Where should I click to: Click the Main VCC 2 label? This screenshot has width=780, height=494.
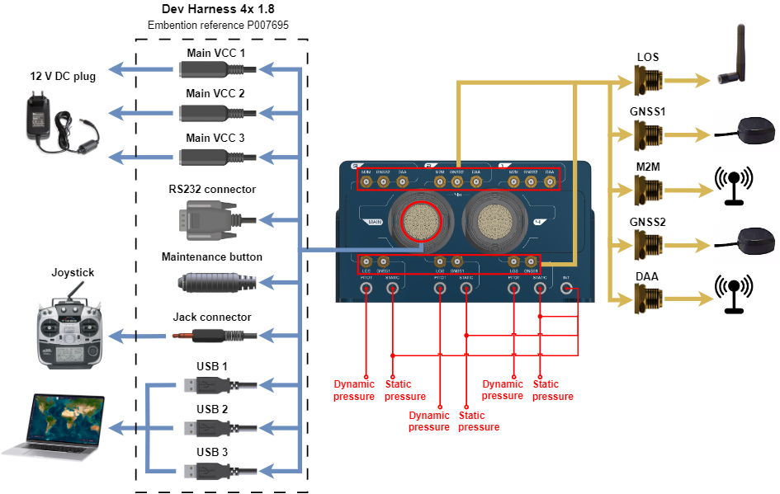[215, 94]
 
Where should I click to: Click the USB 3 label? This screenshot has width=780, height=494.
[213, 453]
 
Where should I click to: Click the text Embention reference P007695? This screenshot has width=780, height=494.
[218, 26]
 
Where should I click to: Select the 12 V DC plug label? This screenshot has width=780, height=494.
[63, 77]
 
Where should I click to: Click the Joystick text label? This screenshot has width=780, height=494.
[73, 273]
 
